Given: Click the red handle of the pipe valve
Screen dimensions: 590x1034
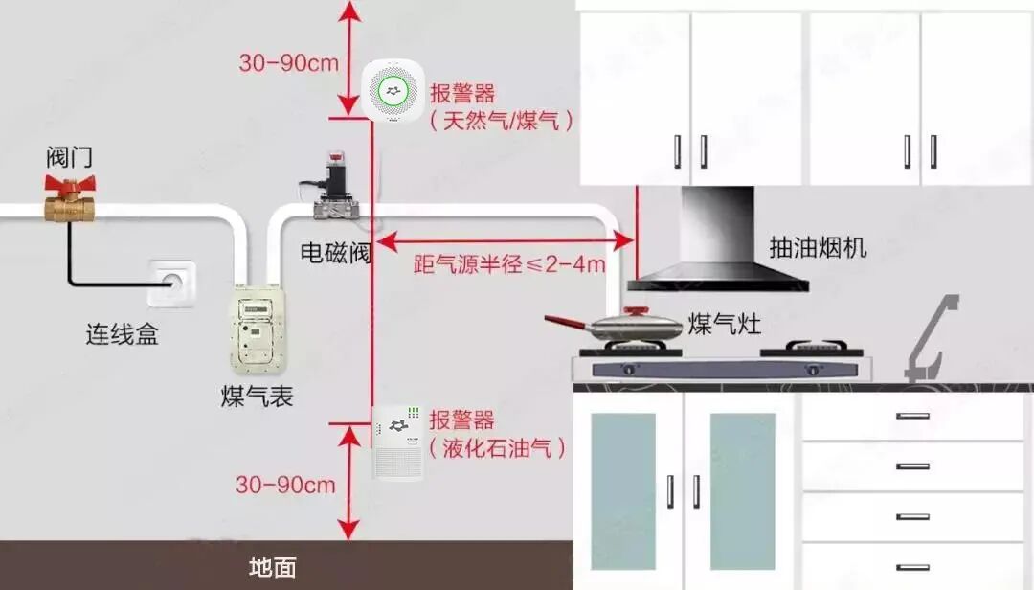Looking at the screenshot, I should point(73,185).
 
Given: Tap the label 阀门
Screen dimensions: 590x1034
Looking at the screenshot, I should point(70,156).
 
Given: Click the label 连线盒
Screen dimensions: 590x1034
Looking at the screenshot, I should point(122,335).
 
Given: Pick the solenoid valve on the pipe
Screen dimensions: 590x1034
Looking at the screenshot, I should point(334,187).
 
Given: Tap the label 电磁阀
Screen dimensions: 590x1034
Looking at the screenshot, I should point(336,254).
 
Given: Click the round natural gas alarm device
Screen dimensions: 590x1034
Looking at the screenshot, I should point(393,91).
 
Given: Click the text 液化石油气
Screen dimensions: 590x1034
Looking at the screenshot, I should point(498,447).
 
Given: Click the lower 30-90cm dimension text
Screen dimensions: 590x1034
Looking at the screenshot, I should point(285,484).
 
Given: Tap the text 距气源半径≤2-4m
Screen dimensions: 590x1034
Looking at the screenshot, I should point(509,264).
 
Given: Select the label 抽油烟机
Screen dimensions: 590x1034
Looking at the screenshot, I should point(818,247).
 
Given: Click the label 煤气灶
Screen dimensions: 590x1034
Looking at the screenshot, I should point(725,324).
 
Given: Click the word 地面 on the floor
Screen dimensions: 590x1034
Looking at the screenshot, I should point(272,567).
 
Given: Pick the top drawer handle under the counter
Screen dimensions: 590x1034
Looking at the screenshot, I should point(912,417).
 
